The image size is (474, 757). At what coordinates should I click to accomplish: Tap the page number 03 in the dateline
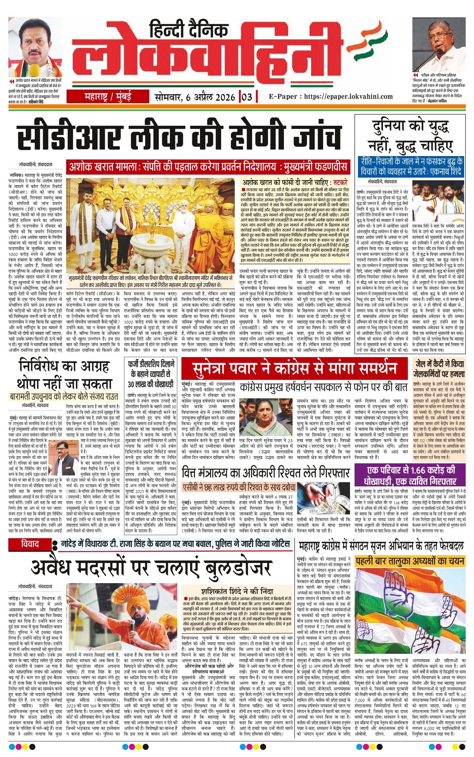point(246,97)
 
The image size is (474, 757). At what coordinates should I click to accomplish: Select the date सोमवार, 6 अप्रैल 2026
point(195,97)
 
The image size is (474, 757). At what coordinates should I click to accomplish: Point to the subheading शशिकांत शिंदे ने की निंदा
point(237,591)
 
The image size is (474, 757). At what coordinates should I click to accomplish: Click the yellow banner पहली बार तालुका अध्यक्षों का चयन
point(410,561)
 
